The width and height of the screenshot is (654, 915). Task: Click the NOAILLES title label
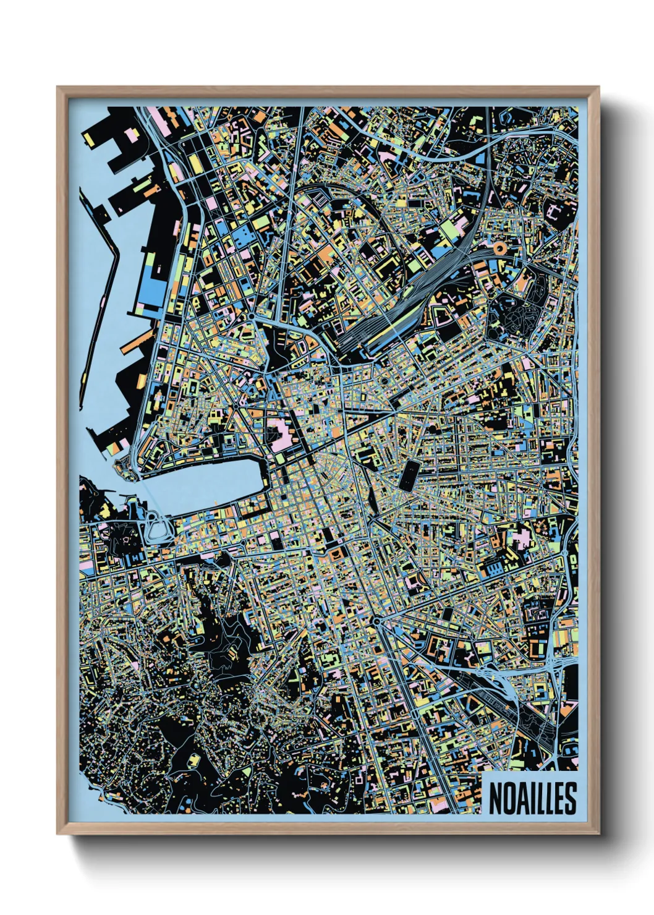532,798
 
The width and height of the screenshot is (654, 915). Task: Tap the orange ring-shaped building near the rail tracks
499,249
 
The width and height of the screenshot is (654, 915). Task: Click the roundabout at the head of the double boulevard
376,621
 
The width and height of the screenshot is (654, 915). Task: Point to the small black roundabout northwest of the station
252,317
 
